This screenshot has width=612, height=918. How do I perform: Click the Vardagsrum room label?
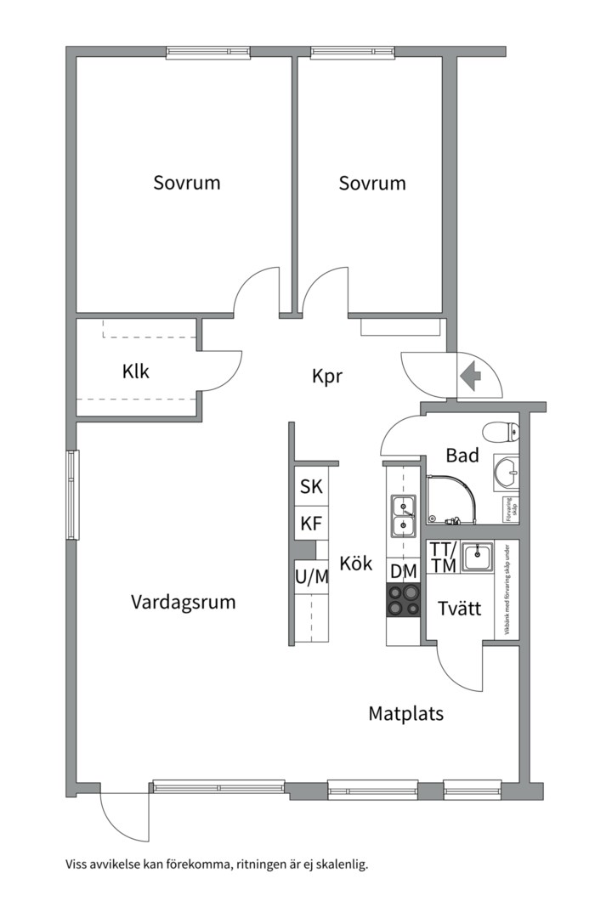point(183,602)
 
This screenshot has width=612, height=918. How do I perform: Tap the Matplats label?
point(405,713)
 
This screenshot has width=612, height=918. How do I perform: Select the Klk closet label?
point(135,371)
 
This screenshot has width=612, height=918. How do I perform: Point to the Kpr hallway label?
point(327,376)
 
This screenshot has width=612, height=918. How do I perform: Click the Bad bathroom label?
point(462,456)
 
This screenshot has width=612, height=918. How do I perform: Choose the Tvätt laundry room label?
point(460,609)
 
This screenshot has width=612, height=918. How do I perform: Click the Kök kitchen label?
point(355,563)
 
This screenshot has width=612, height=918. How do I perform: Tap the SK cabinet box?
point(311,487)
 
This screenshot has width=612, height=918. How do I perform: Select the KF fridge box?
point(311,524)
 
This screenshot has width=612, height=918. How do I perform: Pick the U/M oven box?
point(311,577)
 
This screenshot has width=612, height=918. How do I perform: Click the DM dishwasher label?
point(403,570)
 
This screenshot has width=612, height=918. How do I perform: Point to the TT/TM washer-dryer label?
point(443,557)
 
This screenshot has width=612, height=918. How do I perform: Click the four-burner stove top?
point(403,600)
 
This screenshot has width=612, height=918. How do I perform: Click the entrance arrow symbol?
point(469,373)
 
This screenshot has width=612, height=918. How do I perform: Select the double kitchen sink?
point(402,517)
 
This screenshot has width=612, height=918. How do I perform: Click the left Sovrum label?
point(187,183)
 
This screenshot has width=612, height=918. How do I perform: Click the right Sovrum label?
point(371,183)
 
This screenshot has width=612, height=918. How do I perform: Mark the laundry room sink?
point(479,558)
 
